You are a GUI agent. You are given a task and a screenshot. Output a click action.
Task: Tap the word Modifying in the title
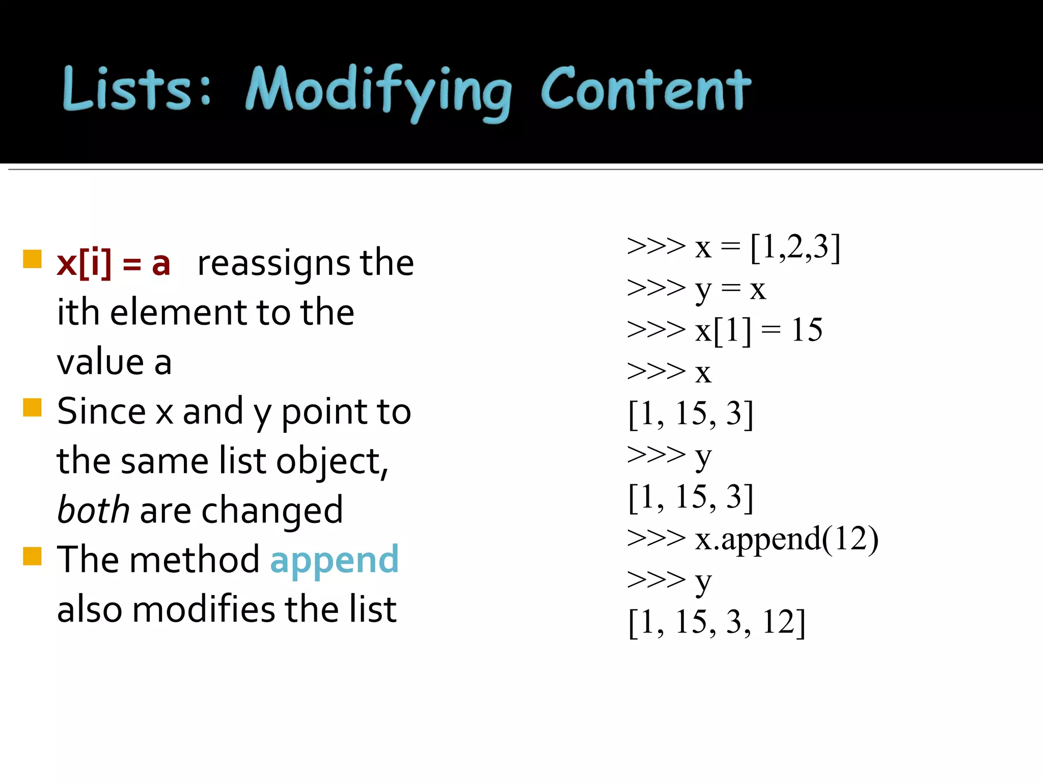(x=378, y=92)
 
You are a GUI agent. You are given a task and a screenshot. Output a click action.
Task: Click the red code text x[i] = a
(x=113, y=264)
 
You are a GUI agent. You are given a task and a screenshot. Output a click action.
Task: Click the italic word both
(x=93, y=510)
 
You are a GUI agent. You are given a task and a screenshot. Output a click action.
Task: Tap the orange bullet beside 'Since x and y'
(x=32, y=408)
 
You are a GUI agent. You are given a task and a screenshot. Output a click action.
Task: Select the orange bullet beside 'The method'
(x=32, y=556)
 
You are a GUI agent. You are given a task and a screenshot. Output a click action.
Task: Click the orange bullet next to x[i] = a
(x=32, y=259)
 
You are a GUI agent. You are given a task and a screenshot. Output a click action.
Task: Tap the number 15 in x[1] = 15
(x=806, y=330)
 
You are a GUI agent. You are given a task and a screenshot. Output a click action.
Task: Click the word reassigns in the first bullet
(x=273, y=264)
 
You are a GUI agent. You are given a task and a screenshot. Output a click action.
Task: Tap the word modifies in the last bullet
(x=204, y=609)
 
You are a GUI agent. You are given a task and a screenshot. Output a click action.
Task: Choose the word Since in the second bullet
(x=101, y=411)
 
